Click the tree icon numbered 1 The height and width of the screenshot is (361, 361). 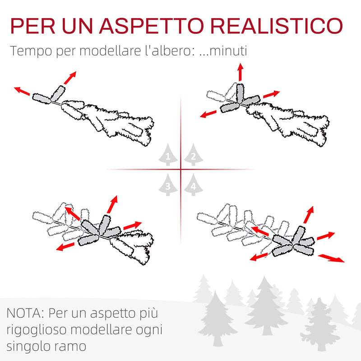click(x=168, y=156)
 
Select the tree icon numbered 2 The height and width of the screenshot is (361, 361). click(x=193, y=156)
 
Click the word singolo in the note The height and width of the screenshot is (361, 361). click(x=27, y=346)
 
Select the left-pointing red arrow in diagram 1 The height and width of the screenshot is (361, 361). click(x=22, y=92)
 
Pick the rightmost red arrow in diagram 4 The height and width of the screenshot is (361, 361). click(x=331, y=258)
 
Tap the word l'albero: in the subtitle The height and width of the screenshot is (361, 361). click(x=174, y=51)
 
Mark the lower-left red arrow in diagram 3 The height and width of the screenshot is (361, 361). click(x=66, y=246)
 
